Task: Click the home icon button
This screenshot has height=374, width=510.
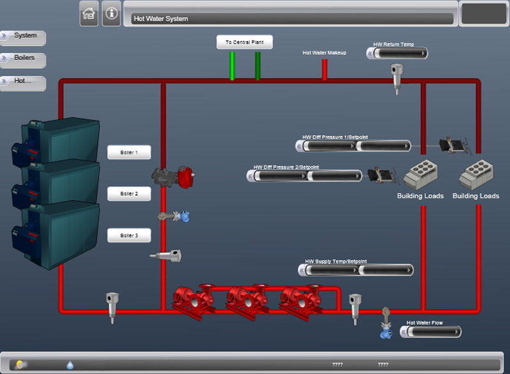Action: point(89,13)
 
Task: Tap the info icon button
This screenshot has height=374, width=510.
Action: point(112,13)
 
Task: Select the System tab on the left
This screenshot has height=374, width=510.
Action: point(24,36)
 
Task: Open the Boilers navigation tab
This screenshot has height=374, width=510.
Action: point(24,59)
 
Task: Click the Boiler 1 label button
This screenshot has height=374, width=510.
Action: point(129,153)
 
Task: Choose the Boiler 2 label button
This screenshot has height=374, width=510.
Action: point(129,194)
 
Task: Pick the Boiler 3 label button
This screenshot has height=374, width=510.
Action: point(129,236)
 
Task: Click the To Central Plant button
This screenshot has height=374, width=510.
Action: point(245,42)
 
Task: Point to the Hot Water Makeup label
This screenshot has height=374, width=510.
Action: point(324,53)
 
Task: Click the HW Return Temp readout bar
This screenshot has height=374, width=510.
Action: point(398,54)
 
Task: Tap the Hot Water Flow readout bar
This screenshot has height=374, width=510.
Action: point(432,331)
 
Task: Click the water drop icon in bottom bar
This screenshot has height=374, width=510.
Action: point(70,364)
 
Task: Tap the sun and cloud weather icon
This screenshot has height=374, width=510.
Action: point(21,364)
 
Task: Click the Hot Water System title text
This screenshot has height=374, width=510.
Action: point(161,18)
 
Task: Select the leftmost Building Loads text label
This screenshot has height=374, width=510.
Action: point(420,196)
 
